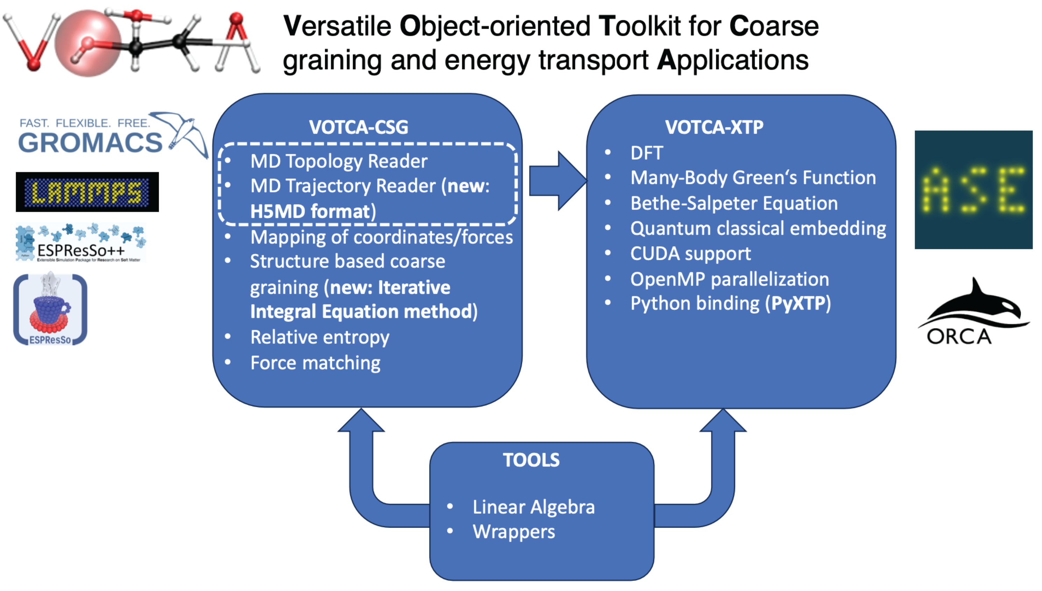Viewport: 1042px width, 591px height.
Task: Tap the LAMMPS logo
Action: click(x=87, y=192)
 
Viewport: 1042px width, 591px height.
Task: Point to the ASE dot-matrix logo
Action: click(x=973, y=190)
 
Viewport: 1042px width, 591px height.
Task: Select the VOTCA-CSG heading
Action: click(x=359, y=127)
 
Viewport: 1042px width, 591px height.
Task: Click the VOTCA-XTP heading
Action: click(x=714, y=127)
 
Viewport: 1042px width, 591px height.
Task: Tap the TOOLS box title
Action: click(x=531, y=460)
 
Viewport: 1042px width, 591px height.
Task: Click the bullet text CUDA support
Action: click(x=690, y=254)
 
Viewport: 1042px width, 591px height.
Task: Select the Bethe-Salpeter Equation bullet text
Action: click(x=734, y=203)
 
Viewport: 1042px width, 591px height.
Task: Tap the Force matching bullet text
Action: click(x=315, y=363)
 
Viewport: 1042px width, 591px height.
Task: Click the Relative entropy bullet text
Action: click(x=319, y=337)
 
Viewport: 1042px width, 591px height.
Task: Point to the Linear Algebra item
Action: click(x=533, y=507)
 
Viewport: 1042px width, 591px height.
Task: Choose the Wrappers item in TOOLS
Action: click(x=513, y=532)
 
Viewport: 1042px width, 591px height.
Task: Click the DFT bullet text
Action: click(x=647, y=153)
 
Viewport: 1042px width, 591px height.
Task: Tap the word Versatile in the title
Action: click(x=337, y=26)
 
